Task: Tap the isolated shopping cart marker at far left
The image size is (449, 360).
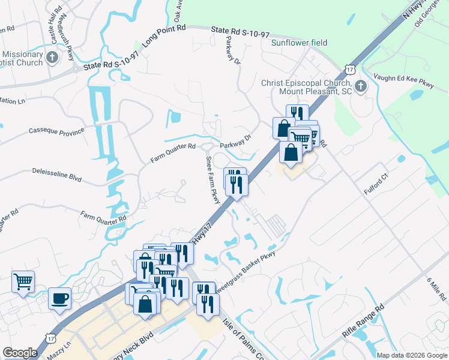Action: [23, 281]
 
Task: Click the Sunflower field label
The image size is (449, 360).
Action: [299, 43]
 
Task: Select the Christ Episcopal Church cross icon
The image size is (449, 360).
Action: [360, 86]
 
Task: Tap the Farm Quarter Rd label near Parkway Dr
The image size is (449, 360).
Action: [173, 154]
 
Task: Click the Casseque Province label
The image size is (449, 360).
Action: [56, 130]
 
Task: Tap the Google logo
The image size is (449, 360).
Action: [20, 353]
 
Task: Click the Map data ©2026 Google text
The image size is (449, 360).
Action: [412, 355]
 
